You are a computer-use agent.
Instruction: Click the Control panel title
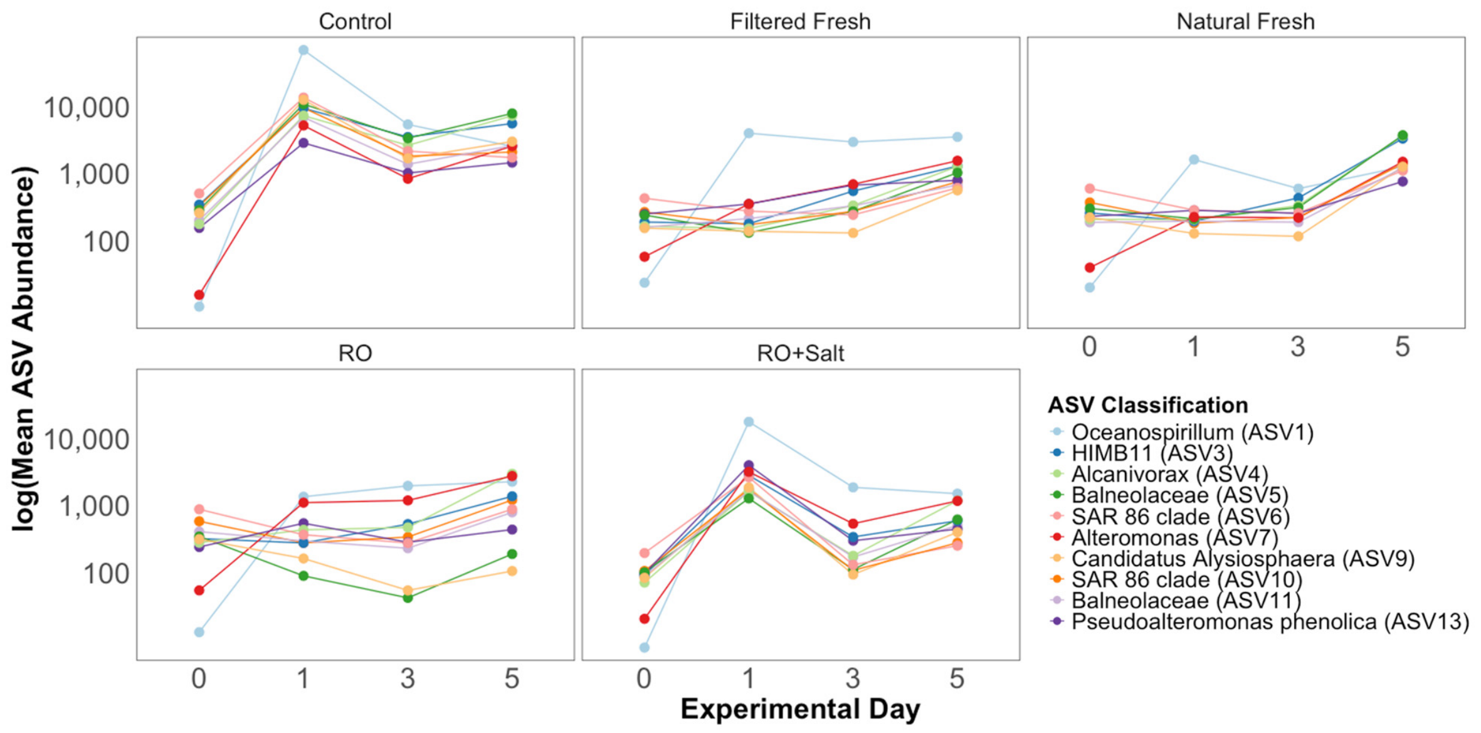click(355, 21)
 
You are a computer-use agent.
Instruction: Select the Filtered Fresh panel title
click(800, 21)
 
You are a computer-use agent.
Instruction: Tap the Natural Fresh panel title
click(1245, 21)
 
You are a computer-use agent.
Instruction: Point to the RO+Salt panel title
click(800, 353)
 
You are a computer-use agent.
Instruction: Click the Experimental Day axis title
click(800, 709)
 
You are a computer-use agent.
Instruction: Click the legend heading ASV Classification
click(1147, 405)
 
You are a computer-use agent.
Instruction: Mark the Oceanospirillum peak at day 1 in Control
click(303, 50)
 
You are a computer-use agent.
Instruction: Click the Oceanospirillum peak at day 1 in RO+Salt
click(749, 422)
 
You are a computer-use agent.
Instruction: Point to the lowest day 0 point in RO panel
click(199, 632)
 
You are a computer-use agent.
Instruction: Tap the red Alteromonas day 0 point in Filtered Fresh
click(644, 256)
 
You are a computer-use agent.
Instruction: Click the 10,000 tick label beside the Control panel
click(87, 108)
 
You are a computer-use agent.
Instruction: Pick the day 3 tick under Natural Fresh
click(1298, 347)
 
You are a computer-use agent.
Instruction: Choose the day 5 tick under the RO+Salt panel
click(957, 678)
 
